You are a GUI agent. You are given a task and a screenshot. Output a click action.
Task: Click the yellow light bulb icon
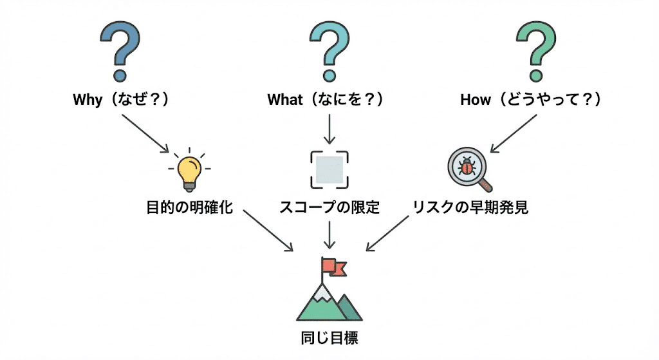pyautogui.click(x=189, y=169)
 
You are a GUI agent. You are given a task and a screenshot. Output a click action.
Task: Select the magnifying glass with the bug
pyautogui.click(x=469, y=169)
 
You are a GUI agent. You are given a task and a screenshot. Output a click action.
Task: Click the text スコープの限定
pyautogui.click(x=329, y=208)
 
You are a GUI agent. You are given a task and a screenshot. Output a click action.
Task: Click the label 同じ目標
pyautogui.click(x=329, y=337)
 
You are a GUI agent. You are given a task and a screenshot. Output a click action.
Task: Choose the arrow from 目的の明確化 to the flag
pyautogui.click(x=265, y=234)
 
